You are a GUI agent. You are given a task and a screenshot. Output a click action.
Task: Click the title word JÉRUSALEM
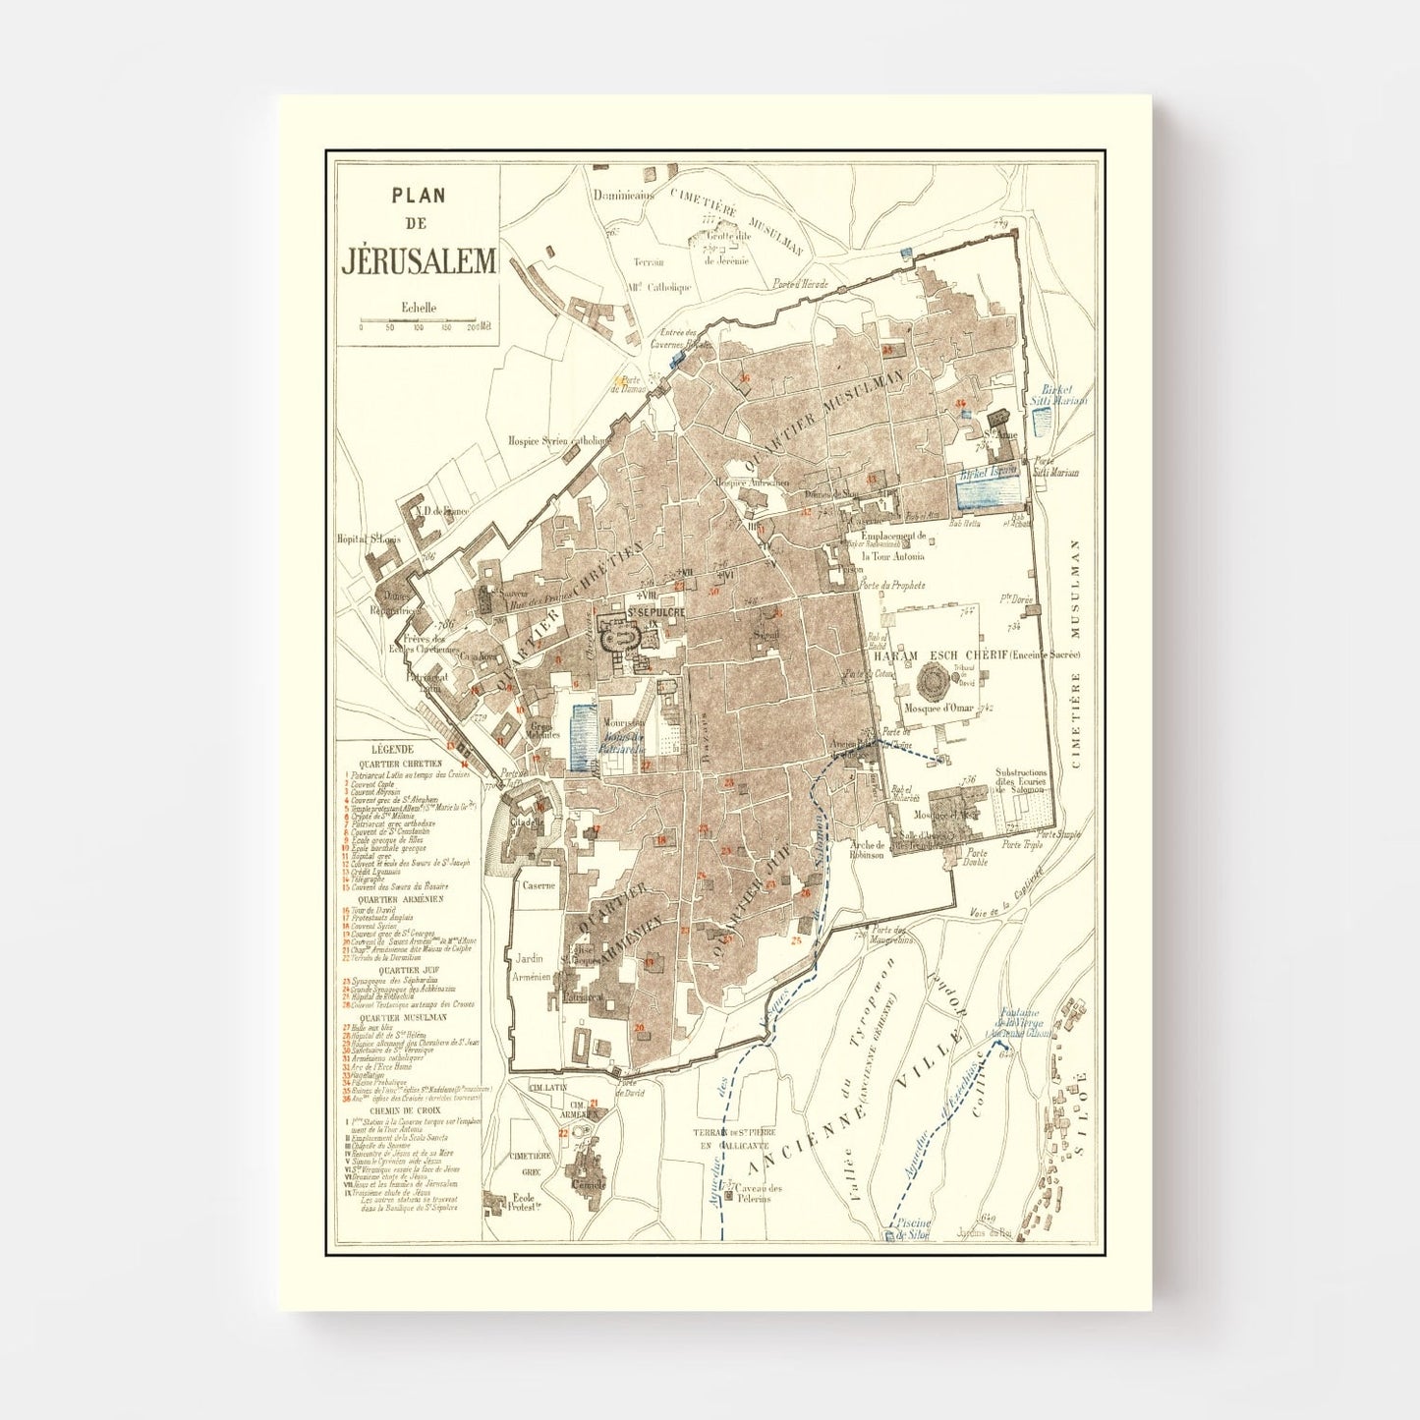coord(420,262)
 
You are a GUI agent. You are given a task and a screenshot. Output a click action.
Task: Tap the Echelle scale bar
coord(418,320)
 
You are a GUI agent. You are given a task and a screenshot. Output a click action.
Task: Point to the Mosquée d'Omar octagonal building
coord(932,679)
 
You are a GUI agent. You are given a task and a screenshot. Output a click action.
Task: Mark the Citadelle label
coord(528,822)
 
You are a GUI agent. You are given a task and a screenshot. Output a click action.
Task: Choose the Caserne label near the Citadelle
coord(539,885)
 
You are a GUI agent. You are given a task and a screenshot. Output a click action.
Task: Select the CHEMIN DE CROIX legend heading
coord(400,1111)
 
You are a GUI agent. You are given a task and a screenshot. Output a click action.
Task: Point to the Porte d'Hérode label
coord(800,285)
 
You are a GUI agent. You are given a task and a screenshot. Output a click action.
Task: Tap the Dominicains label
coord(623,196)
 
